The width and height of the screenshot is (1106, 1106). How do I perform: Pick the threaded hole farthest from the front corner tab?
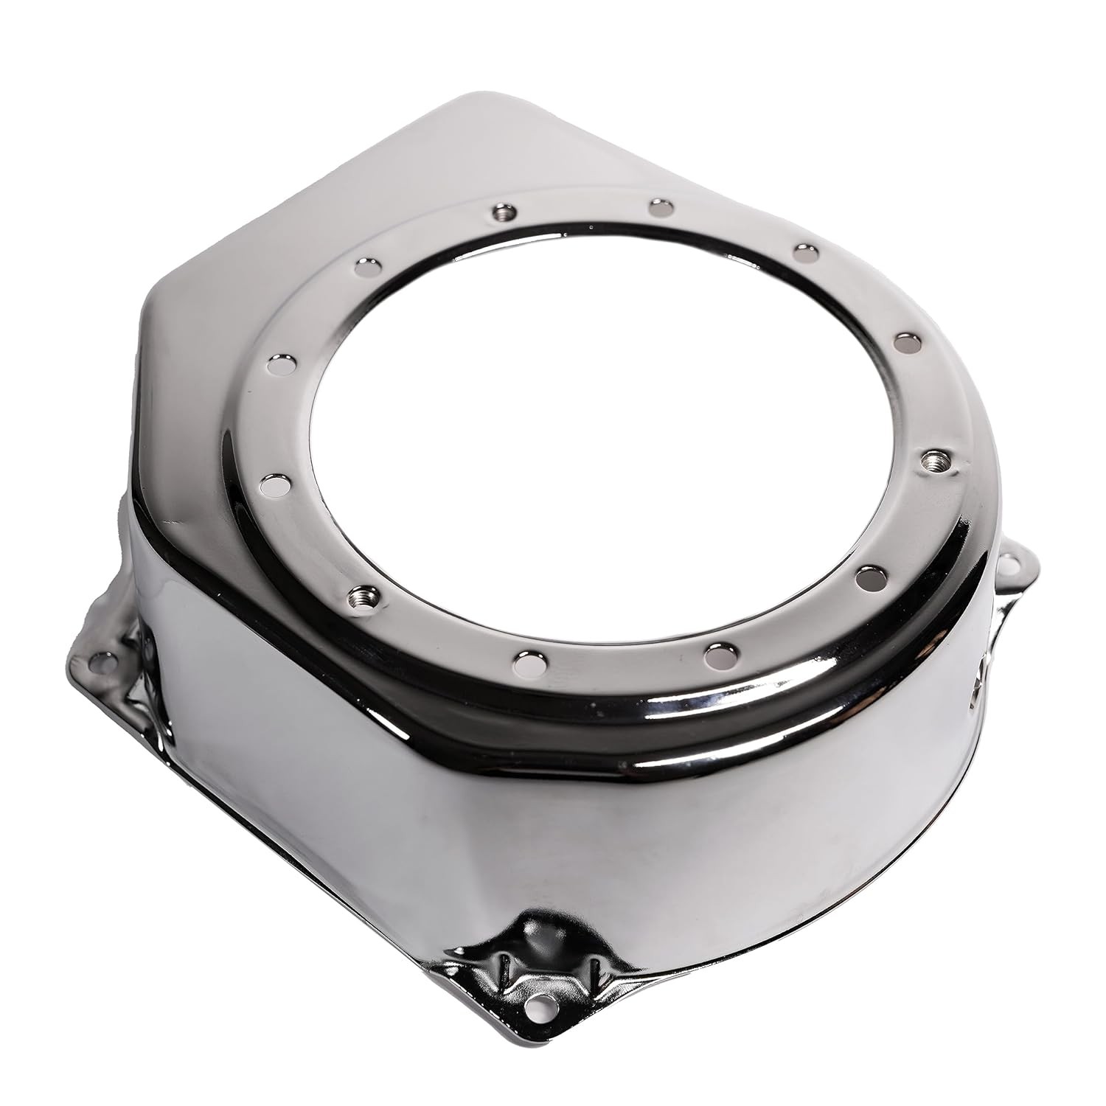pyautogui.click(x=503, y=212)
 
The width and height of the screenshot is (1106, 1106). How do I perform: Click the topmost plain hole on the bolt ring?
pyautogui.click(x=661, y=208)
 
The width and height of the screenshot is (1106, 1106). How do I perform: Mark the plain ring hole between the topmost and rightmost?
pyautogui.click(x=806, y=251)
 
